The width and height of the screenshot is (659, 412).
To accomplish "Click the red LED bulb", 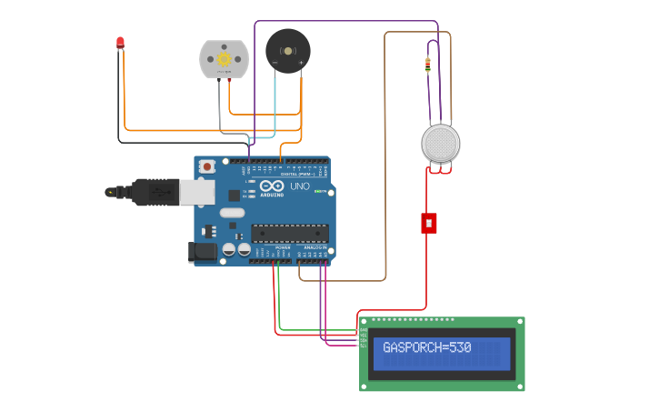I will pyautogui.click(x=120, y=42).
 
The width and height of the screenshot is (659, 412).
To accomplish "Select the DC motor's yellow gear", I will pyautogui.click(x=224, y=58).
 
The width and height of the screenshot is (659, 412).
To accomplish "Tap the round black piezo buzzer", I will pyautogui.click(x=287, y=51).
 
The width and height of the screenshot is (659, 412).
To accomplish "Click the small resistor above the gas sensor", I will pyautogui.click(x=428, y=65).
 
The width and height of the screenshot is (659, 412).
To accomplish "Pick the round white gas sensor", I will pyautogui.click(x=441, y=143).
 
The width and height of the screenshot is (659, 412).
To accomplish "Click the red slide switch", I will pyautogui.click(x=429, y=223).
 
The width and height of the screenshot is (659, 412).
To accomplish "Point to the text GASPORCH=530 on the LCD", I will pyautogui.click(x=427, y=347).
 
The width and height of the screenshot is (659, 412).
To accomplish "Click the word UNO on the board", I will pyautogui.click(x=300, y=186).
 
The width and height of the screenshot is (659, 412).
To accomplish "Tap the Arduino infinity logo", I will pyautogui.click(x=272, y=186).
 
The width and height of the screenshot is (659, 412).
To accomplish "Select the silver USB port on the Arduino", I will pyautogui.click(x=197, y=192).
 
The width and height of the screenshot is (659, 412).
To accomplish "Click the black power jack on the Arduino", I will pyautogui.click(x=202, y=252).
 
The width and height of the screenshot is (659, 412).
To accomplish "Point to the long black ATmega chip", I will pyautogui.click(x=290, y=234).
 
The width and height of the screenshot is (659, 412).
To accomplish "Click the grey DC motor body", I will pyautogui.click(x=224, y=58).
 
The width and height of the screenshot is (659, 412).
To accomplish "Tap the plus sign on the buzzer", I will pyautogui.click(x=300, y=62).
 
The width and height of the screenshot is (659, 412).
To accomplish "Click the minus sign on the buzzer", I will pyautogui.click(x=275, y=62).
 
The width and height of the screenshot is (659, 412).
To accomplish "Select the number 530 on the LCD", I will pyautogui.click(x=459, y=347).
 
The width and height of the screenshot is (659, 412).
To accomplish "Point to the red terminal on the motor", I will pyautogui.click(x=229, y=80).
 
